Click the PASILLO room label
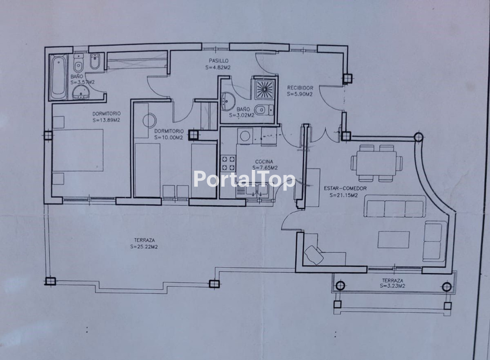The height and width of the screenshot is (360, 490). tap(218, 61)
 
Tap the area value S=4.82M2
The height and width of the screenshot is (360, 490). tap(218, 68)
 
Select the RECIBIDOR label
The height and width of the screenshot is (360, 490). tap(300, 88)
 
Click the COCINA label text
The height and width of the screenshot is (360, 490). tap(264, 162)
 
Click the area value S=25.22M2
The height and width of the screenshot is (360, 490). tap(144, 247)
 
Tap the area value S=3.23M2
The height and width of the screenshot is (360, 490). tap(393, 286)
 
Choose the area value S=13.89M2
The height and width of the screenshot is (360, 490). tap(106, 120)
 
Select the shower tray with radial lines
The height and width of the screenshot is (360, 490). tap(265, 89)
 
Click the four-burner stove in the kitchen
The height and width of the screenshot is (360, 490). tap(228, 163)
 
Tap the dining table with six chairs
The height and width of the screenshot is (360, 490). tap(377, 163)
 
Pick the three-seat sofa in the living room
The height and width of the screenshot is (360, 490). tap(395, 206)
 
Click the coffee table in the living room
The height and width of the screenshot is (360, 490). tap(394, 240)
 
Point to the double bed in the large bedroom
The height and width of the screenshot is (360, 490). tap(78, 150)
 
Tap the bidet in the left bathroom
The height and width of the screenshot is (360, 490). tap(95, 61)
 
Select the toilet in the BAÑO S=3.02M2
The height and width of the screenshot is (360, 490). tap(264, 110)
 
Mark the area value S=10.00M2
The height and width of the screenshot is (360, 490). tap(169, 138)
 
